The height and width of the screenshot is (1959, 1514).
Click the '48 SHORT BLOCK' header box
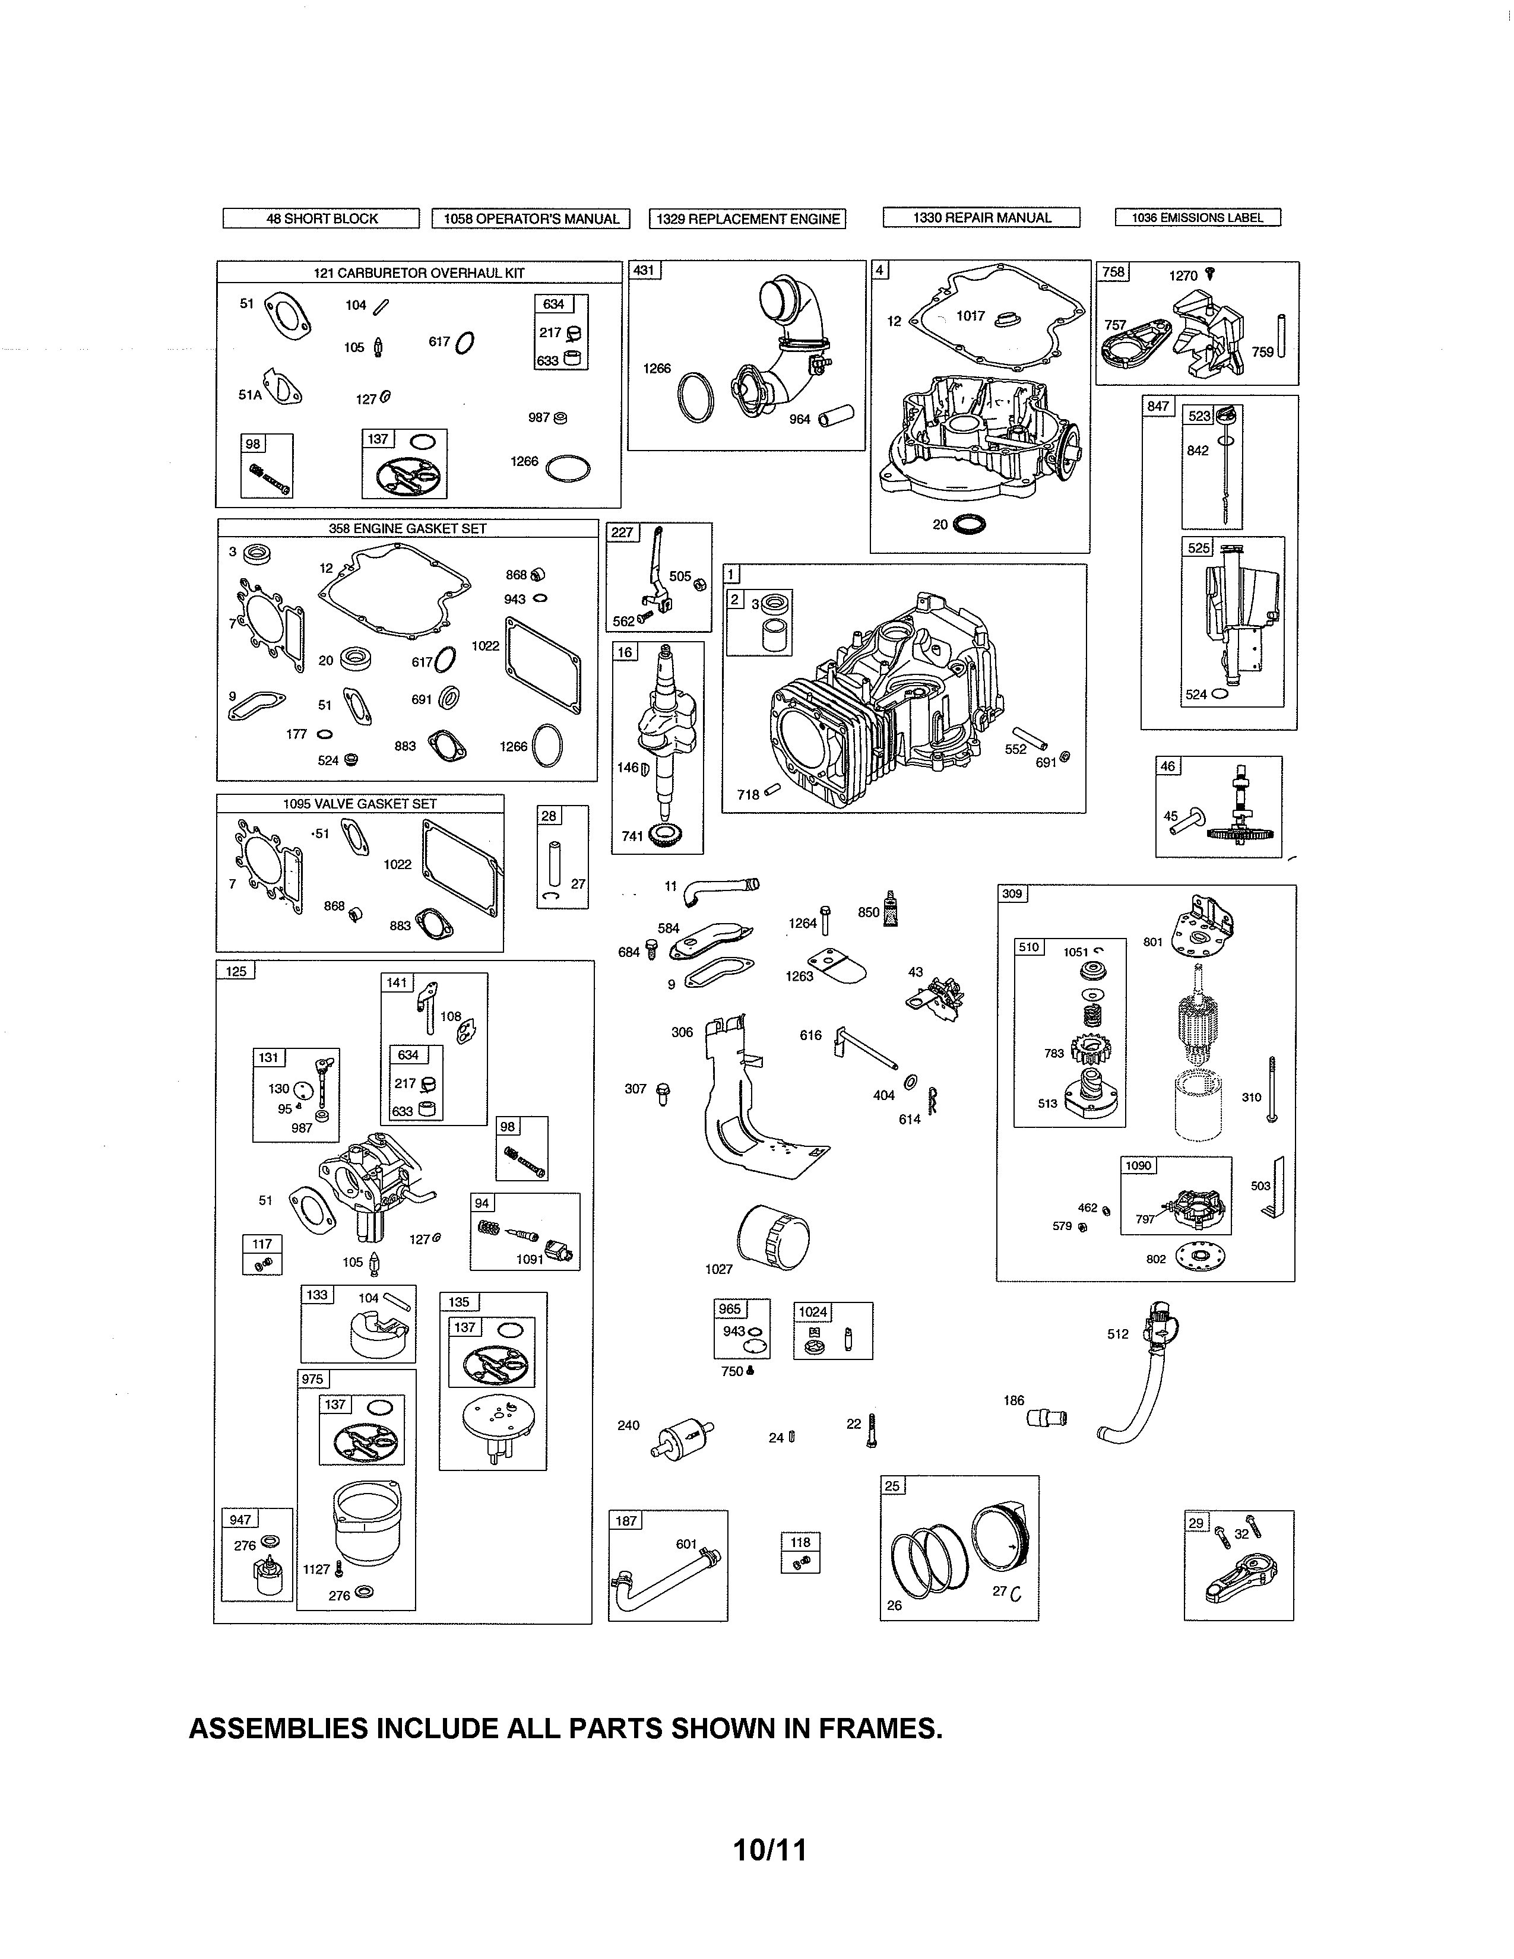click(x=321, y=218)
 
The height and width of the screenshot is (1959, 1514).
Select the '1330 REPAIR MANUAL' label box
click(x=981, y=217)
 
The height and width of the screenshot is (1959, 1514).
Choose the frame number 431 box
click(x=644, y=270)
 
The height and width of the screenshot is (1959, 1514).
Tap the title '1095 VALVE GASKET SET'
click(x=360, y=804)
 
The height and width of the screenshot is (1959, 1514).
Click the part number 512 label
click(x=1117, y=1334)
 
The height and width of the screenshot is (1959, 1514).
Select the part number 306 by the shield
click(x=682, y=1032)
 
